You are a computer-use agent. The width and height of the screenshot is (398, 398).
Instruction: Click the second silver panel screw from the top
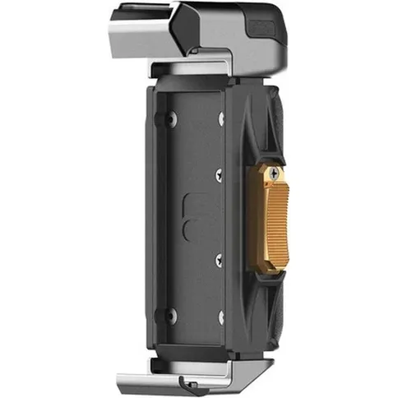click(219, 174)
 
